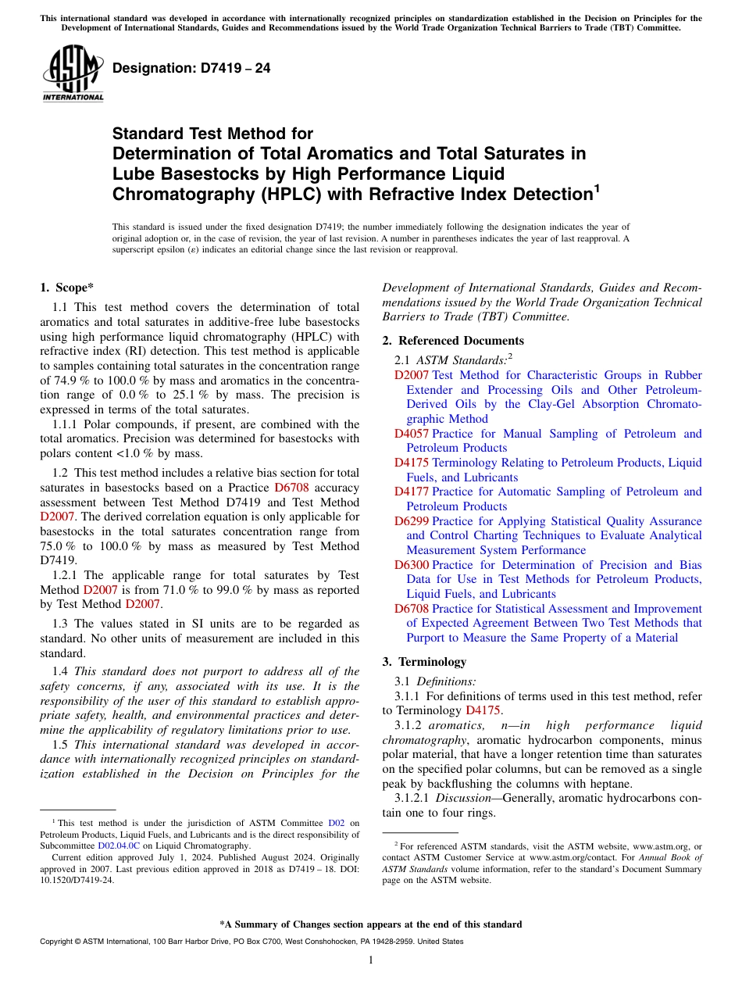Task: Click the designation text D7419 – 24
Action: coord(191,68)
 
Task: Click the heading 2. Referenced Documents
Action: coord(453,341)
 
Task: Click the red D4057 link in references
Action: coord(411,434)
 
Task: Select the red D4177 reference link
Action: coord(411,492)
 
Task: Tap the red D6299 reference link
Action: coord(411,521)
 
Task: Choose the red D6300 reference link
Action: coord(411,565)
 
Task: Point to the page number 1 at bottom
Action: coord(371,960)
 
